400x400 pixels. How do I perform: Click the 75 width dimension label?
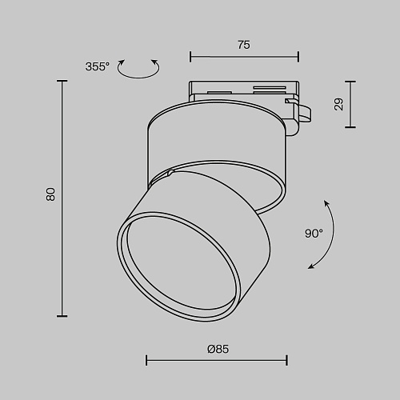pos(244,45)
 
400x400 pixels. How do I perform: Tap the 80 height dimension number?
pos(50,194)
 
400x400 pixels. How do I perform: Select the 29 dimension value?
pos(338,104)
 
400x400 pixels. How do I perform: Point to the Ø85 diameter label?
pos(218,349)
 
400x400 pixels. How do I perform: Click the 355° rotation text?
pos(98,66)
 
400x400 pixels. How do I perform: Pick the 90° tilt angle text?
pos(314,234)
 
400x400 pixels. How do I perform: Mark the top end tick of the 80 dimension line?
pos(62,81)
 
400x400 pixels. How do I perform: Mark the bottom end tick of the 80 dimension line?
pos(62,316)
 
